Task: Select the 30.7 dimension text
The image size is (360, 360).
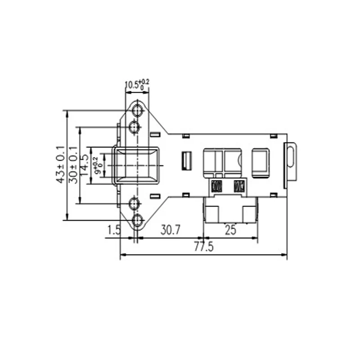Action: pos(171,230)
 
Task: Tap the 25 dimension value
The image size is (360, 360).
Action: pos(230,230)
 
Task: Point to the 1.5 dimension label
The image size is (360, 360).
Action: pos(114,230)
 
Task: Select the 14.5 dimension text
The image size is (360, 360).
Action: pos(84,165)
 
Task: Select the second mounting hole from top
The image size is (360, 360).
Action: pos(134,128)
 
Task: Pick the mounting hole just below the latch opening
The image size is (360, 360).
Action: pos(134,204)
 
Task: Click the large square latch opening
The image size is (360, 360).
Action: pos(137,165)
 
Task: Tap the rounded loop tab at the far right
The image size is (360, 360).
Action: pos(291,161)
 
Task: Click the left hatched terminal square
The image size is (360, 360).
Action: pos(216,185)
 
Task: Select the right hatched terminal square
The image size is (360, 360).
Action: pos(239,185)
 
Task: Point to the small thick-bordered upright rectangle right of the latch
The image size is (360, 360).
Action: pos(186,161)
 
